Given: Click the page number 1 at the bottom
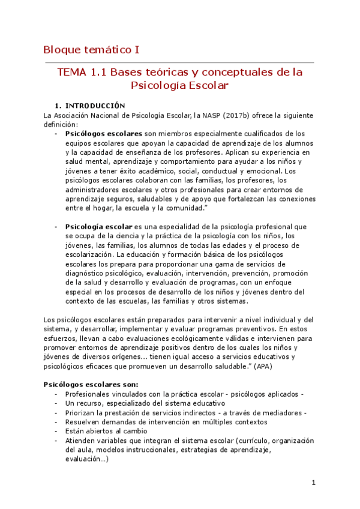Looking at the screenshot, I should (x=313, y=483).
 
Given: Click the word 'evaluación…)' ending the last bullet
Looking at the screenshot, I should (x=87, y=459).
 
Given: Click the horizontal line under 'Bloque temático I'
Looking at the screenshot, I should (x=179, y=62).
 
